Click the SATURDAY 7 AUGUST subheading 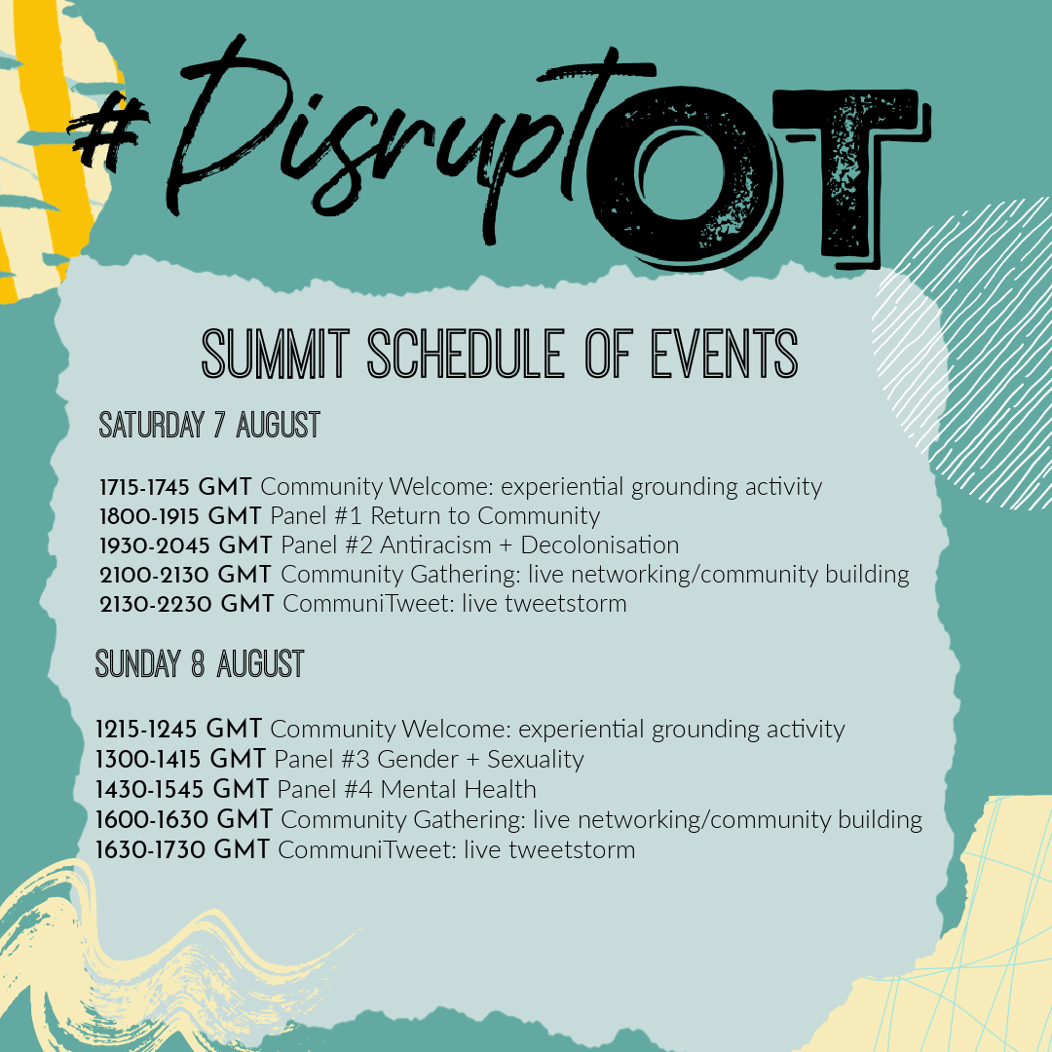tap(209, 426)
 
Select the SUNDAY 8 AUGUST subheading tap(200, 664)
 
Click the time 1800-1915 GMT tap(181, 515)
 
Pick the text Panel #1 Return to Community tap(434, 515)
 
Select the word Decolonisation tap(599, 545)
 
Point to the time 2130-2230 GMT tap(187, 604)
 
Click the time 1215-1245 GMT tap(179, 729)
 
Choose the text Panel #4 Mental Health tap(406, 789)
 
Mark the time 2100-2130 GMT tap(186, 574)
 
